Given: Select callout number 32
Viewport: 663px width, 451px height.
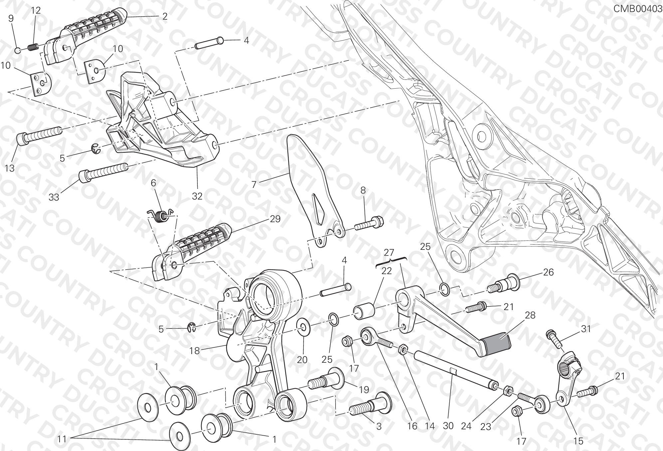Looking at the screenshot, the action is click(197, 196).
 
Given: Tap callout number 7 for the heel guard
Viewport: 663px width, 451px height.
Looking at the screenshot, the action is click(254, 184).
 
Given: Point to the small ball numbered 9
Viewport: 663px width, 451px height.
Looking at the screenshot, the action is click(18, 50).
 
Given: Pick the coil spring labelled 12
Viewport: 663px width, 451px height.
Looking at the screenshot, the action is click(32, 47).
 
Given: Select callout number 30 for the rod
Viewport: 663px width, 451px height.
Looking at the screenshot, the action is click(448, 426).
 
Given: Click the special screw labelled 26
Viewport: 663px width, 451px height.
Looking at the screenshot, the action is click(503, 284).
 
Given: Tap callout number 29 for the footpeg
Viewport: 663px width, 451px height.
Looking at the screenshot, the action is click(275, 219).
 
